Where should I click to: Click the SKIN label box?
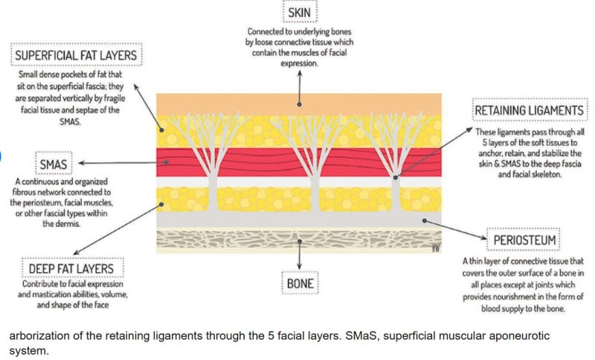pos(300,12)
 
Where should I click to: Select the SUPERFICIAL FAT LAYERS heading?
pos(77,55)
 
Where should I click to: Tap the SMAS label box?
pos(54,164)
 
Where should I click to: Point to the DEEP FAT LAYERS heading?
pos(71,269)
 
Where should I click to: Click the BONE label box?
pos(300,283)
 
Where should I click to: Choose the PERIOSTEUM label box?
pos(524,240)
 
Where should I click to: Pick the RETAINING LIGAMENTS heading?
pos(530,110)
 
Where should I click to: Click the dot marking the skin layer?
pos(300,104)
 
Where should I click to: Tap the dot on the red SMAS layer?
pos(167,162)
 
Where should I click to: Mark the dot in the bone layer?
pos(300,241)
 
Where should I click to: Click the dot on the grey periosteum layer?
pos(425,220)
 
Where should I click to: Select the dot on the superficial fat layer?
pos(161,130)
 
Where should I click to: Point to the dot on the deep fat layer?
pos(161,204)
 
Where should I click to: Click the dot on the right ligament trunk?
pos(396,178)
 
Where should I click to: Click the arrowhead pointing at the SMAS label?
pos(81,163)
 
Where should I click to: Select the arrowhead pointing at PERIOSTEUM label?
pos(484,238)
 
